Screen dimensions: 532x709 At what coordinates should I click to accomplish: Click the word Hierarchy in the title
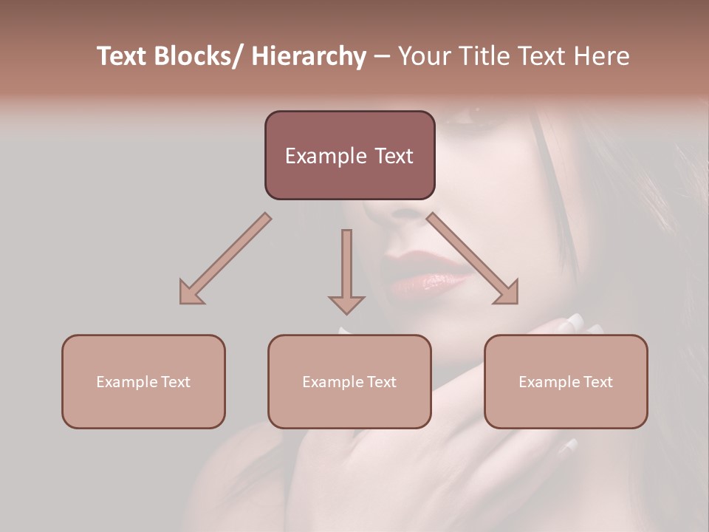coord(309,56)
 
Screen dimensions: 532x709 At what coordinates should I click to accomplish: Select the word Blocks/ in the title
coord(196,56)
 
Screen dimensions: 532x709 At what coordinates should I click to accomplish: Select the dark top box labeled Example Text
coord(349,155)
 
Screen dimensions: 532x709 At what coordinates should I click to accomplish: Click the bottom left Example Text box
coord(143,381)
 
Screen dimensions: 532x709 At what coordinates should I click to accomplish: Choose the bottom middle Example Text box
coord(349,381)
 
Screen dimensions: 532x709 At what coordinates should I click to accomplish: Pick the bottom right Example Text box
coord(566,381)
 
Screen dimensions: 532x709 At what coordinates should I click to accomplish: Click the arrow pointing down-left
coord(225,259)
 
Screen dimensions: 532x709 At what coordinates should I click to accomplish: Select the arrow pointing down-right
coord(473,259)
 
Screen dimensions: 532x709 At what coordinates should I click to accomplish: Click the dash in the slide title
coord(382,56)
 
